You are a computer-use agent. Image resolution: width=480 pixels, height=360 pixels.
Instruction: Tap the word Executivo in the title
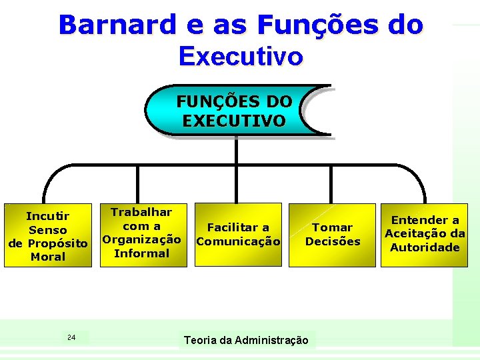241,56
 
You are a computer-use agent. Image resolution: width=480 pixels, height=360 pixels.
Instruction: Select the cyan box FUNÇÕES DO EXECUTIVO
235,111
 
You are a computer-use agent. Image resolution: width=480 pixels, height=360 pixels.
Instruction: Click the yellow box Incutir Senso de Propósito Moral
47,235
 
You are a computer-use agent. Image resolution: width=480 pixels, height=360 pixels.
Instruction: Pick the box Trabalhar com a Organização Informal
141,233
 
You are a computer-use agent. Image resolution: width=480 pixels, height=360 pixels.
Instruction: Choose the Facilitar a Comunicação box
238,235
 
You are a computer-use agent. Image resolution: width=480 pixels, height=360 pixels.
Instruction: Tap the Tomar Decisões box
332,235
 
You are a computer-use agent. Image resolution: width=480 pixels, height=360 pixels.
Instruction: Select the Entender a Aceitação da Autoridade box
425,234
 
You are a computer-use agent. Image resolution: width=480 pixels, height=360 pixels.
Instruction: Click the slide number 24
71,337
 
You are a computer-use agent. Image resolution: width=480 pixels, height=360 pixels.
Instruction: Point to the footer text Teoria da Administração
246,341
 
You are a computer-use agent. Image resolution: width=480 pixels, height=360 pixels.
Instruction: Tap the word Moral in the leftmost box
48,257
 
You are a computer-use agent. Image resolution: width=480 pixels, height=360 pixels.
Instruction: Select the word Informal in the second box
141,253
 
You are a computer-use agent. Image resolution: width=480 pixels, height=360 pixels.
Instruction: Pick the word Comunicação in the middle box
238,241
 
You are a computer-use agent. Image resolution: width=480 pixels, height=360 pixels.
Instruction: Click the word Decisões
332,241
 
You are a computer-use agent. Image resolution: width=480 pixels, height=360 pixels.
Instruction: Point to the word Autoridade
425,247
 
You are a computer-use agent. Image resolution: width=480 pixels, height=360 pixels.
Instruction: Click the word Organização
141,239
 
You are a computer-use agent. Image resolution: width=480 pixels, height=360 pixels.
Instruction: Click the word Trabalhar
141,212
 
